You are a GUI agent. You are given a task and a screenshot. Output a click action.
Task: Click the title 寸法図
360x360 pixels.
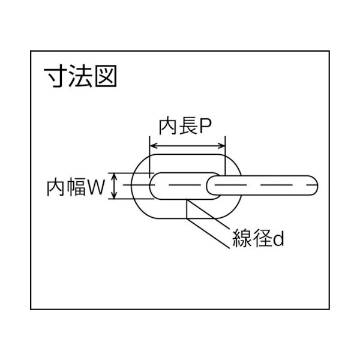(x=80, y=76)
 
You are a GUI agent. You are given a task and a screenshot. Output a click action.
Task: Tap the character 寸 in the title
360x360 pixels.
(x=56, y=76)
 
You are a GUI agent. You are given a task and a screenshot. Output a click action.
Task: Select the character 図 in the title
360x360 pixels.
(x=106, y=76)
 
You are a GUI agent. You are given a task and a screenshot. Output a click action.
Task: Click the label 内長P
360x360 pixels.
(x=185, y=127)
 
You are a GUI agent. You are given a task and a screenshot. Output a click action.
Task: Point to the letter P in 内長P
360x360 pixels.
(x=205, y=127)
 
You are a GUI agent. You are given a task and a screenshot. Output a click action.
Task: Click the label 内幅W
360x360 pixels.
(x=76, y=188)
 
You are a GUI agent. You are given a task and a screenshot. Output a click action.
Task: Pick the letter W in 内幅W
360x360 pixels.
(x=96, y=188)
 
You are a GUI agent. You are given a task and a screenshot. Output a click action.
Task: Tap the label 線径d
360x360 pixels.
(x=258, y=239)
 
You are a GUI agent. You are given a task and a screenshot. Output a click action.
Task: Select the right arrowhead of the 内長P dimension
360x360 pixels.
(x=221, y=146)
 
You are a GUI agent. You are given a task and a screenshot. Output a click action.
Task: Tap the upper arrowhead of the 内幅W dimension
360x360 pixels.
(x=114, y=177)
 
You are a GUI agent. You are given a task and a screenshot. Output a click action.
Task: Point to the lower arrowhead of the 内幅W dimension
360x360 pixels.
(x=114, y=194)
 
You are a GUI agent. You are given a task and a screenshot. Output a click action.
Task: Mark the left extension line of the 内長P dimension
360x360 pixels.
(x=149, y=157)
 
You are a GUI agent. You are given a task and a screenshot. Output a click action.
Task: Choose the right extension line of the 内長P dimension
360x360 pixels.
(x=225, y=156)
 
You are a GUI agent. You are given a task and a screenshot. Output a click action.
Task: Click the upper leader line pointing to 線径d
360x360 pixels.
(x=208, y=214)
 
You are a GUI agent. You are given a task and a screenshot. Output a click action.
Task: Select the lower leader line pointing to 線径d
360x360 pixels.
(x=208, y=233)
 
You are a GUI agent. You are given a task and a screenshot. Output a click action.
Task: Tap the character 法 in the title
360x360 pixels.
(x=80, y=76)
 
